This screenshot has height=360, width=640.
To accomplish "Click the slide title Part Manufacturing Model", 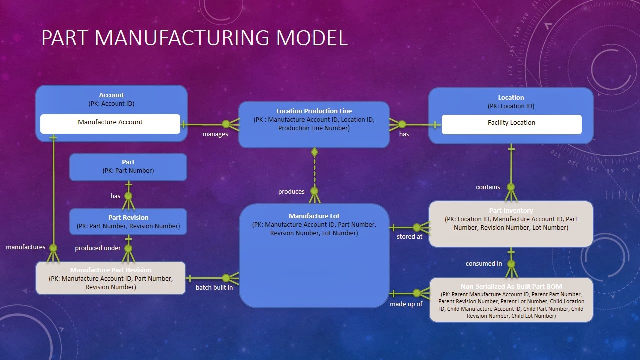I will click(x=194, y=38).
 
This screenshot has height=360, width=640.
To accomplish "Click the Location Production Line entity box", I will click(x=314, y=124).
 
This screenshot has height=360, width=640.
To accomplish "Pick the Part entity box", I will click(x=128, y=167).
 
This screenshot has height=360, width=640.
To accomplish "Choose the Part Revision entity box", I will click(x=128, y=222).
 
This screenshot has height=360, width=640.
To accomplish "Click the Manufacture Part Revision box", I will click(x=110, y=278).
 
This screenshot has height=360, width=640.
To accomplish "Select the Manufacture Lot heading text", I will click(x=314, y=216).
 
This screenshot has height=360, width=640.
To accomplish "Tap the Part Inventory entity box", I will click(x=511, y=223).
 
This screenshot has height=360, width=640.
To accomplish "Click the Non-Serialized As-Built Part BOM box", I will click(x=511, y=300).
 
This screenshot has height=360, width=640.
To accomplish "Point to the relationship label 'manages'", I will click(x=215, y=134).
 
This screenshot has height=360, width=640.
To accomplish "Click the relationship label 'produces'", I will click(x=291, y=192).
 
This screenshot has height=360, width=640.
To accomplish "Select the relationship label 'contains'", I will click(x=488, y=187).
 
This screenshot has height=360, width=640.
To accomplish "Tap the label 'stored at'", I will click(x=409, y=237).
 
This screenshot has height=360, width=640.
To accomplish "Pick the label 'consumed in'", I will click(x=484, y=264).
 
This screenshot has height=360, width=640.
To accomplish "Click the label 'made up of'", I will click(x=406, y=304).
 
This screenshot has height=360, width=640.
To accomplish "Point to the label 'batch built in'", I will click(x=214, y=288).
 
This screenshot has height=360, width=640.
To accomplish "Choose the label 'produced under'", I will click(x=98, y=248).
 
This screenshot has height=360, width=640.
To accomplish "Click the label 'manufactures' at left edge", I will click(x=25, y=247).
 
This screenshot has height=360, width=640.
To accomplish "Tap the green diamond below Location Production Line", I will click(x=314, y=152).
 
